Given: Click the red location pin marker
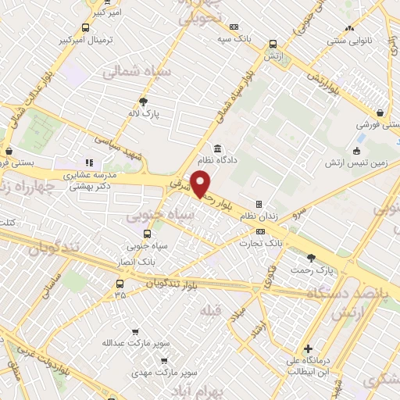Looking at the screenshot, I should point(201,184).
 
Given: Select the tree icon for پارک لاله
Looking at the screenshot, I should point(143,101).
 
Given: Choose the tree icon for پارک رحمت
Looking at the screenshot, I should point(312,257).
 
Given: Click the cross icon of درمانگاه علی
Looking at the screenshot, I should point(309,348).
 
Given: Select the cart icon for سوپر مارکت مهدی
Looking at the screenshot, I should point(164,361).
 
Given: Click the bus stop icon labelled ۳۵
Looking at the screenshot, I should point(120,283).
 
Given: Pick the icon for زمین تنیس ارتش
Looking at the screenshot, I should point(358,152).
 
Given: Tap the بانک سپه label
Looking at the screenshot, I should point(234,37).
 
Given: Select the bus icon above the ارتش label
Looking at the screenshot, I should point(273,45).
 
